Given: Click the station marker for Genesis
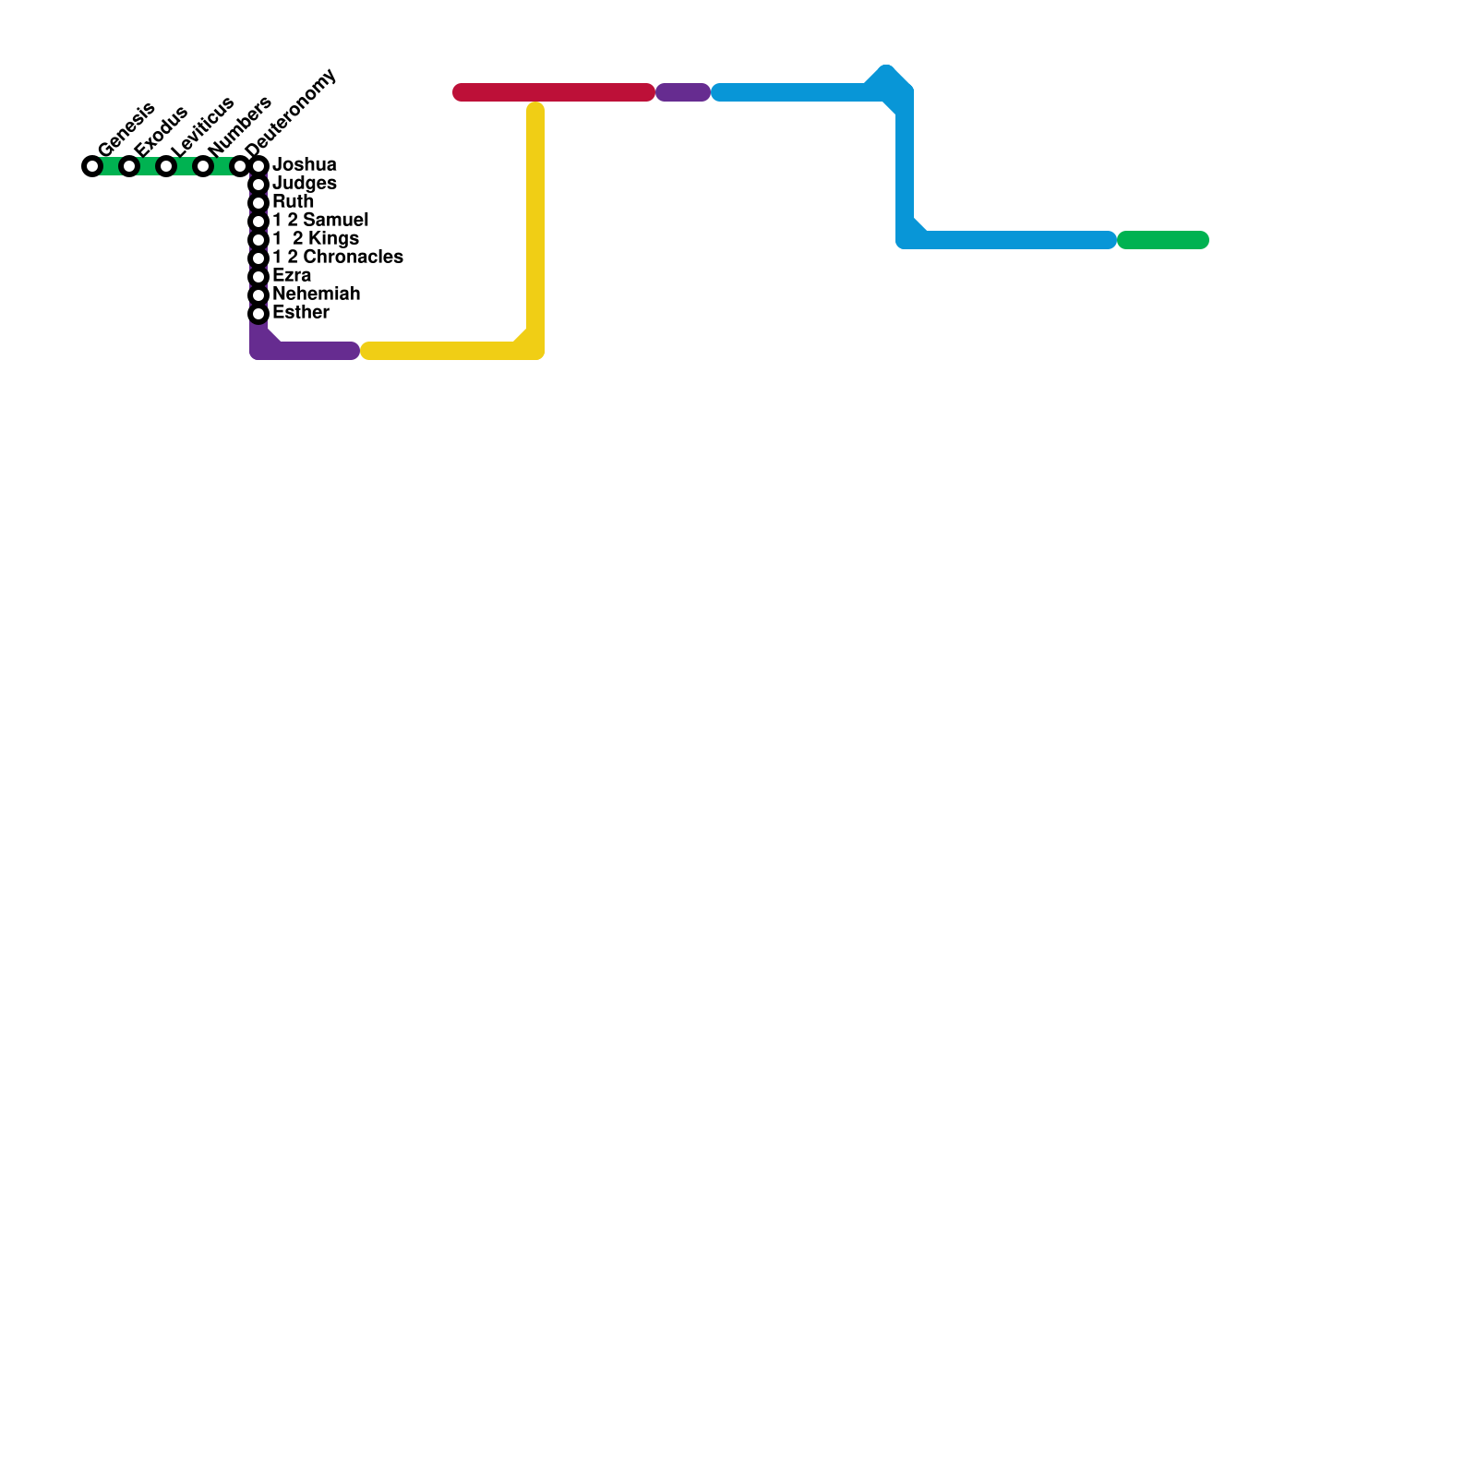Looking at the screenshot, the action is (x=92, y=166).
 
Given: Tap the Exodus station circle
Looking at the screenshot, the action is (x=129, y=166).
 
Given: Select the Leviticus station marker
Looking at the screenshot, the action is (x=166, y=166).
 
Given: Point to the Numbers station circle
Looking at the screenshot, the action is (x=203, y=166).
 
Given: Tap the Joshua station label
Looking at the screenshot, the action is (x=305, y=165).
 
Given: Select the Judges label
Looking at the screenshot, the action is (x=305, y=184).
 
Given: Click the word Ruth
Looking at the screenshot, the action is (x=294, y=202).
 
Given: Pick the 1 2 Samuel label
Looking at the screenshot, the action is (x=320, y=221).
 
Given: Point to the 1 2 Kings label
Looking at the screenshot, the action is (x=316, y=239).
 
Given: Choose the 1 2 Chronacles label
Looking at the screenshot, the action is (x=338, y=258).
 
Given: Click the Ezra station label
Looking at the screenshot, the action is (x=292, y=276).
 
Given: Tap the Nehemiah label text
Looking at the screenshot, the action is (x=316, y=294).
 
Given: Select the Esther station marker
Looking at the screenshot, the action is (x=258, y=314).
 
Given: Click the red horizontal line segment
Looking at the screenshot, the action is (x=554, y=92).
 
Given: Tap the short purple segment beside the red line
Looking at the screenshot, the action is (x=683, y=92).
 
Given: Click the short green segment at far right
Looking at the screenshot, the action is (x=1163, y=240).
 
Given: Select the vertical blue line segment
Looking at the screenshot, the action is (x=905, y=166).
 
